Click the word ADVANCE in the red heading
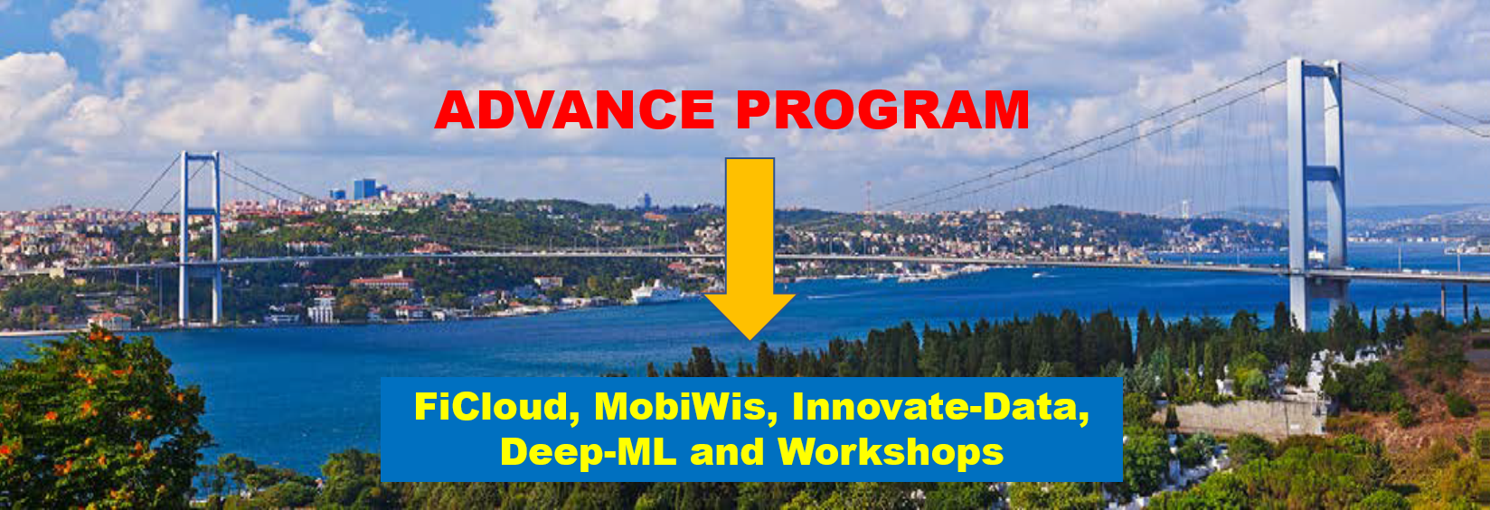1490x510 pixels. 575,109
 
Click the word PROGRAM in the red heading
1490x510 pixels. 883,109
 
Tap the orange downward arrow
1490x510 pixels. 750,248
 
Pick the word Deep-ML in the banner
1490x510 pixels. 588,452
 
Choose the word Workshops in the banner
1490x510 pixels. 891,452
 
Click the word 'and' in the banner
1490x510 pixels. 727,452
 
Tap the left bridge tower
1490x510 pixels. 200,238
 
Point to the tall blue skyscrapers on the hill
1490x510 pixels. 364,189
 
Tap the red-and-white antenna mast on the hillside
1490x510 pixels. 868,197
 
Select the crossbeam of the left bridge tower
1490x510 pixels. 200,212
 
